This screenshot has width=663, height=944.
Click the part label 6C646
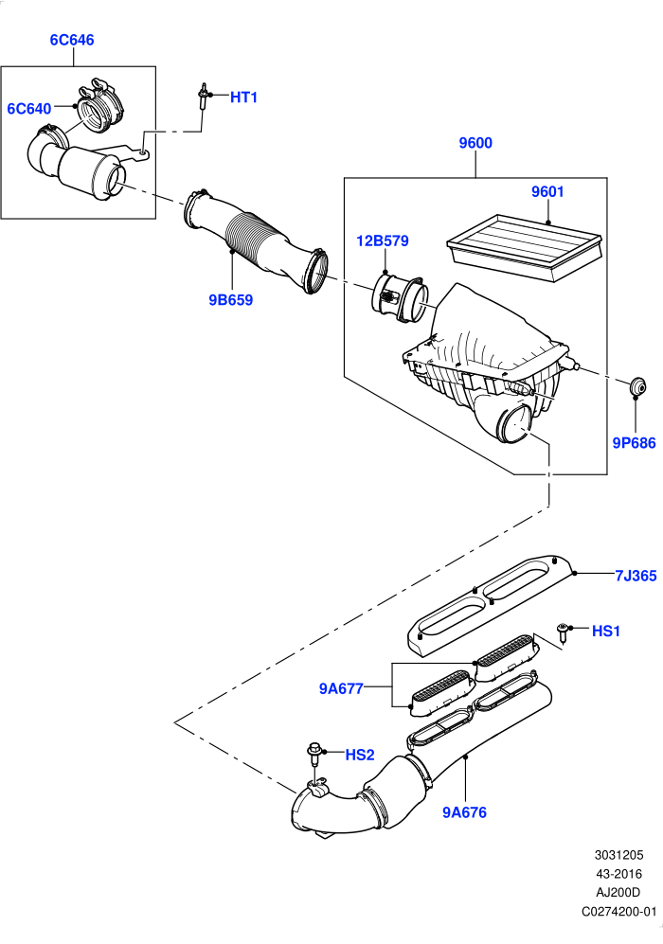(x=72, y=40)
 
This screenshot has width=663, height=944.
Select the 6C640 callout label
(x=29, y=108)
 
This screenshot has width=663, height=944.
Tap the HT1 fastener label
(x=243, y=97)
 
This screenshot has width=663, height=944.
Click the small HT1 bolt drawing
(x=205, y=97)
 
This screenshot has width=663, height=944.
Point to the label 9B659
(x=231, y=300)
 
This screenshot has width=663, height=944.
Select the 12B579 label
(x=383, y=240)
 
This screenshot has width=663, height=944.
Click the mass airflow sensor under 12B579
(x=400, y=296)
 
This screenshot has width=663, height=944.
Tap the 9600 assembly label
(x=475, y=143)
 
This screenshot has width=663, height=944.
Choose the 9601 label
(x=547, y=191)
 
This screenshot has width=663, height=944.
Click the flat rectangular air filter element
(x=525, y=246)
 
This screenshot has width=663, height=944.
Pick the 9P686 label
(x=634, y=442)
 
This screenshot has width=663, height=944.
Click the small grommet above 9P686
(x=637, y=384)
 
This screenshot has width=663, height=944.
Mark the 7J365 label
(x=636, y=576)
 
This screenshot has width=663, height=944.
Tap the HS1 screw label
(x=606, y=631)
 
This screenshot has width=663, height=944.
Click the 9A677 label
(x=341, y=688)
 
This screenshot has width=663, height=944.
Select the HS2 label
(x=360, y=755)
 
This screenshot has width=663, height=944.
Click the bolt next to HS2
(x=314, y=754)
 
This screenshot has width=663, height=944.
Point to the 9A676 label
(x=464, y=812)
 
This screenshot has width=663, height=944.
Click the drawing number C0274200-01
(x=619, y=912)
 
